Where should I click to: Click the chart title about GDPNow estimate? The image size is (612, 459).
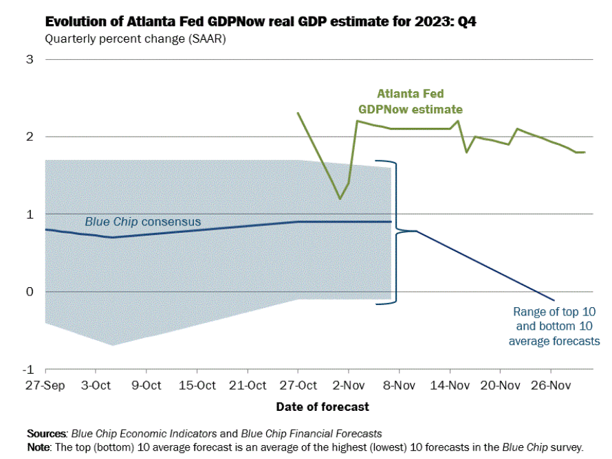tap(261, 22)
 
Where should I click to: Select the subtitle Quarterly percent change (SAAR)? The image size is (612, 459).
tap(135, 38)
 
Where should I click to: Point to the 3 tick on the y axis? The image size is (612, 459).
tap(30, 59)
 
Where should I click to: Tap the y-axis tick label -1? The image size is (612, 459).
tap(28, 370)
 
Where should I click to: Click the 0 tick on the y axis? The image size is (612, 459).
tap(30, 292)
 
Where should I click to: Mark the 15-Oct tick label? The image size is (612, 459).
tap(196, 385)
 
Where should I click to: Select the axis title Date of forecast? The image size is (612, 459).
tap(323, 407)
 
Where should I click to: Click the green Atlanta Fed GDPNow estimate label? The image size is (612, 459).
tap(410, 102)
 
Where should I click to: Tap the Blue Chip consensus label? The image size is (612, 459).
tap(142, 222)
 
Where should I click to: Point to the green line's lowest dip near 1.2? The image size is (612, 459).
tap(340, 199)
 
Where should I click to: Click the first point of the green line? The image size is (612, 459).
tap(298, 113)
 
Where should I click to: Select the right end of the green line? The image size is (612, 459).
tap(584, 152)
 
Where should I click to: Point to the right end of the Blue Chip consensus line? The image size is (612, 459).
tap(391, 222)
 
